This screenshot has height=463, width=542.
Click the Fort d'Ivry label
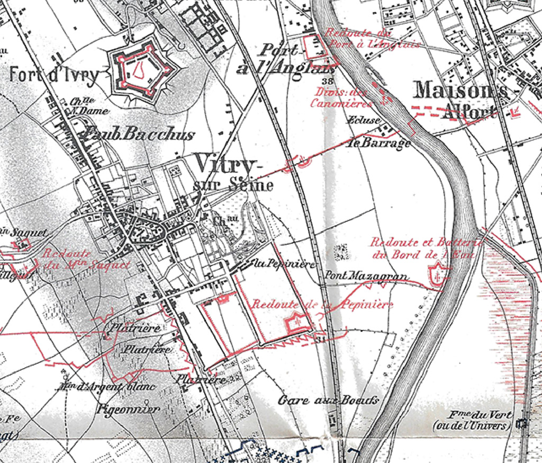click(54, 75)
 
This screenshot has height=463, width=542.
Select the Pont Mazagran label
click(366, 276)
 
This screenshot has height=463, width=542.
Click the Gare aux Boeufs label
click(328, 400)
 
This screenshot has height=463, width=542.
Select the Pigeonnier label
click(129, 409)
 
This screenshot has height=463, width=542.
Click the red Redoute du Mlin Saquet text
click(87, 259)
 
